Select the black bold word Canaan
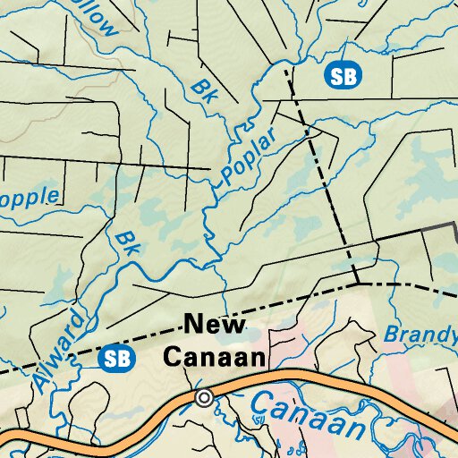pos(215,358)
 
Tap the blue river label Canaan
pos(307,414)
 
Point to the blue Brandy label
pos(420,335)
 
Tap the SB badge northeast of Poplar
pos(343,75)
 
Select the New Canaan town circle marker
pos(204,397)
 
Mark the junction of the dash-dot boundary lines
pos(357,283)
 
